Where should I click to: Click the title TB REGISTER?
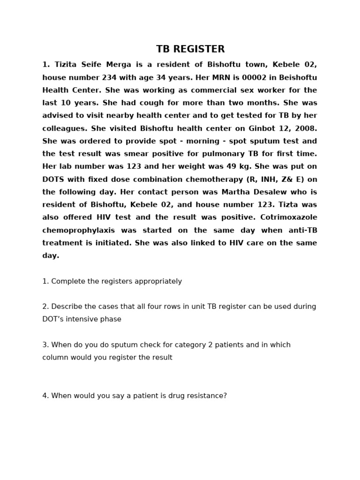(190, 49)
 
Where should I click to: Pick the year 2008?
(307, 128)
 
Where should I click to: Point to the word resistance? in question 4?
(205, 396)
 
